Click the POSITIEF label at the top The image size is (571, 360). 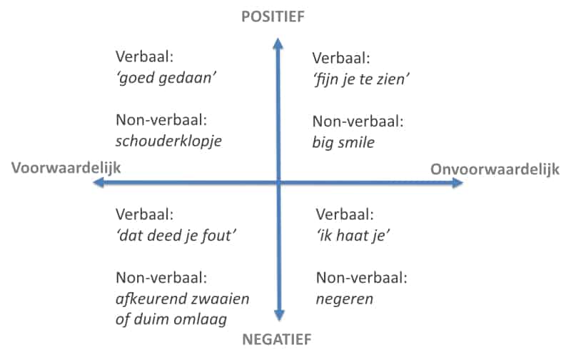click(273, 16)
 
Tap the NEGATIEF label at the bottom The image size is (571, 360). click(277, 339)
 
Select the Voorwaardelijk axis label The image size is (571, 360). click(66, 169)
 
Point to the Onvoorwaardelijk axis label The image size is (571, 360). click(495, 169)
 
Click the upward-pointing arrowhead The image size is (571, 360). click(278, 43)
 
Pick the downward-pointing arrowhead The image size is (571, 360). click(279, 316)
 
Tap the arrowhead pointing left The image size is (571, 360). click(98, 182)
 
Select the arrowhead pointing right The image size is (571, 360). click(458, 183)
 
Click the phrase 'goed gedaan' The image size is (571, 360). click(166, 79)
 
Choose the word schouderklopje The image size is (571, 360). click(168, 141)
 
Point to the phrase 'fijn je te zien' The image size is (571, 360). click(361, 79)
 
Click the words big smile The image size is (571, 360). click(343, 142)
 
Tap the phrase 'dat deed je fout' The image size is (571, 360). click(176, 236)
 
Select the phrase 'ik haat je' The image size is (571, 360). click(353, 236)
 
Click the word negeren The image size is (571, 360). click(345, 299)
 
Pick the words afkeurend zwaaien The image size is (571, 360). click(183, 299)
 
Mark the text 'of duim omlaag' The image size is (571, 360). click(171, 319)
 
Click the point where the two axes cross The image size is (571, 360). click(278, 182)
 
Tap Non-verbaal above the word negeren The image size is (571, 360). click(362, 278)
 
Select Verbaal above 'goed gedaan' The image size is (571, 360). click(145, 57)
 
